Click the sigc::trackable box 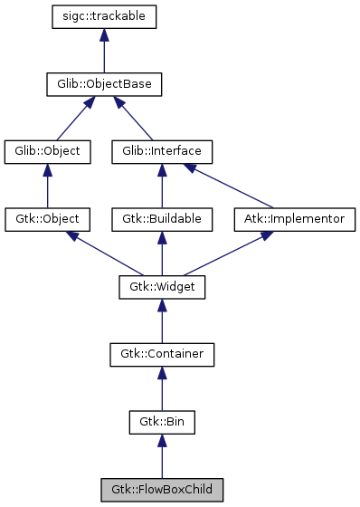point(105,16)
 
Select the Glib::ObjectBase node point(105,84)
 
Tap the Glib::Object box point(47,151)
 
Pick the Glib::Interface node point(162,151)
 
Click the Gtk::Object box point(47,219)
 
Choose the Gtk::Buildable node point(162,219)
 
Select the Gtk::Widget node point(162,287)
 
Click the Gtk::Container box point(162,354)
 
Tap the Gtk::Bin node point(162,422)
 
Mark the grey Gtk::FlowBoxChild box point(162,490)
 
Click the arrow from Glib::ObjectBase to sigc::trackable point(105,53)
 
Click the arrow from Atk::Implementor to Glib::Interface point(230,186)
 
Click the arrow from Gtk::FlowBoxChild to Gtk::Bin point(162,457)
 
